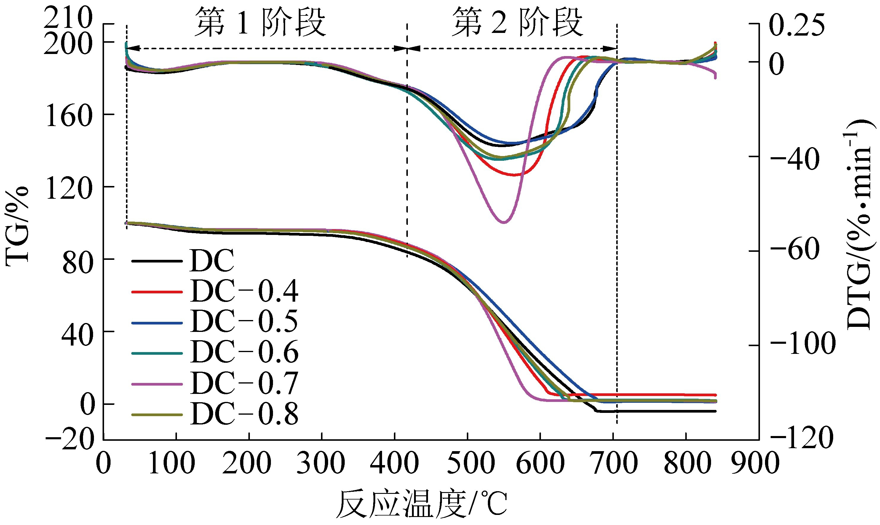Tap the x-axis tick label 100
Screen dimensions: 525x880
[x=171, y=463]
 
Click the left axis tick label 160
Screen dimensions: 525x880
[x=69, y=116]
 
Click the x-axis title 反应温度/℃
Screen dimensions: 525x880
[x=423, y=505]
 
